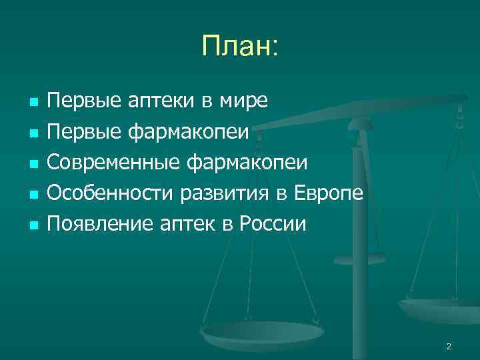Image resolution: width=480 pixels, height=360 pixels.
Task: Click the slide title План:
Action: pyautogui.click(x=240, y=47)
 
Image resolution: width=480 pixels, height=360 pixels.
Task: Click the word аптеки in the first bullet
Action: pyautogui.click(x=162, y=102)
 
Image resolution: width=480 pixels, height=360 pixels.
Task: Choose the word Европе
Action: pyautogui.click(x=329, y=193)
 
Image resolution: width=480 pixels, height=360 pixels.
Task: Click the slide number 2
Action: pyautogui.click(x=449, y=346)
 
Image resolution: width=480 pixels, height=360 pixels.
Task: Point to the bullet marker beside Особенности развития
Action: pyautogui.click(x=33, y=195)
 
